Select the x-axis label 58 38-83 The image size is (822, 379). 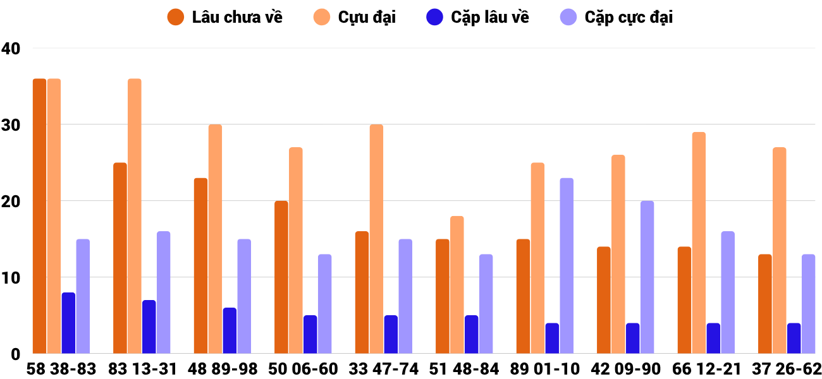tap(61, 369)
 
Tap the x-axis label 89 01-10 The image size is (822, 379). tap(545, 369)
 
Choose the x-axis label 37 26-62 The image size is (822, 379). tap(787, 369)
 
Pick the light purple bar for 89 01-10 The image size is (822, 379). tap(567, 266)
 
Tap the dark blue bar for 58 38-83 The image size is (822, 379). tap(68, 323)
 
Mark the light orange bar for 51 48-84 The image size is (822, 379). tap(457, 285)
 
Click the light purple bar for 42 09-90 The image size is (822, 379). tap(647, 277)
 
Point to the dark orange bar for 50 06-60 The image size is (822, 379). tap(281, 277)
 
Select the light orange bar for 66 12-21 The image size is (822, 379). tap(699, 243)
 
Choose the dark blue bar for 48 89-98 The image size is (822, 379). tap(230, 330)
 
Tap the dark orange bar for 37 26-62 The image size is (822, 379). tap(764, 304)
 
